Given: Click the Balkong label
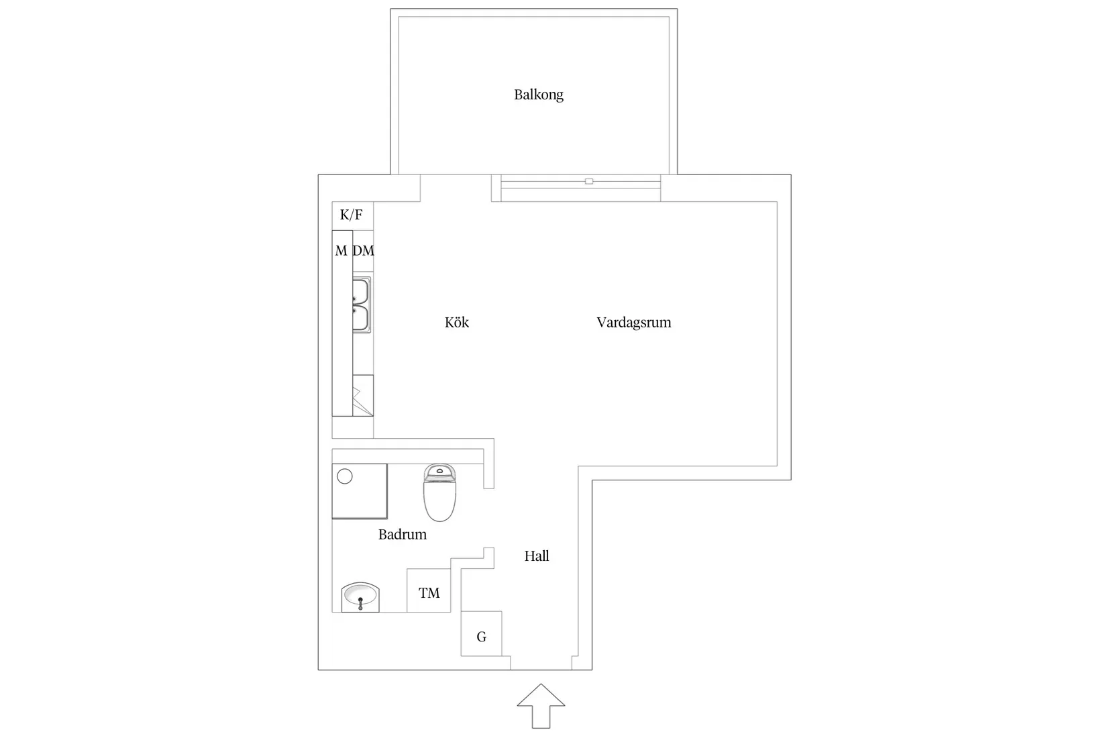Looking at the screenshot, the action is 538,95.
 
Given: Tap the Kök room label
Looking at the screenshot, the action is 457,322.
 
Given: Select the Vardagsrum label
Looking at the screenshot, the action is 633,322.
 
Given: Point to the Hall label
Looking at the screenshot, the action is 537,556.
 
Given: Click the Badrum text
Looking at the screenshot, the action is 403,534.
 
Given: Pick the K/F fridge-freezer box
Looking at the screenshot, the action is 352,215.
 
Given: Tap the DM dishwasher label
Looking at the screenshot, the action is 363,251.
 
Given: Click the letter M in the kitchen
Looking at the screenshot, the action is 341,251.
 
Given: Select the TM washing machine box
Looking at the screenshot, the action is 429,590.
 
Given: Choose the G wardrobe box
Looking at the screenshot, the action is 481,634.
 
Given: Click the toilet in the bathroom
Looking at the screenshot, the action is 439,492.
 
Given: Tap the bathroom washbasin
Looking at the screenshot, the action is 360,597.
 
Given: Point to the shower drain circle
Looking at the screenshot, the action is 345,476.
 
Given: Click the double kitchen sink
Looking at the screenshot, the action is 361,305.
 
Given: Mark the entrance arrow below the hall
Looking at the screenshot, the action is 541,706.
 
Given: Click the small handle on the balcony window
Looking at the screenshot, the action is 589,181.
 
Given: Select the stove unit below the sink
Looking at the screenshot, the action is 363,395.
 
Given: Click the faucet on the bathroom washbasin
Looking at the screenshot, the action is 360,603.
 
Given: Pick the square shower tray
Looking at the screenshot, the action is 360,491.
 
